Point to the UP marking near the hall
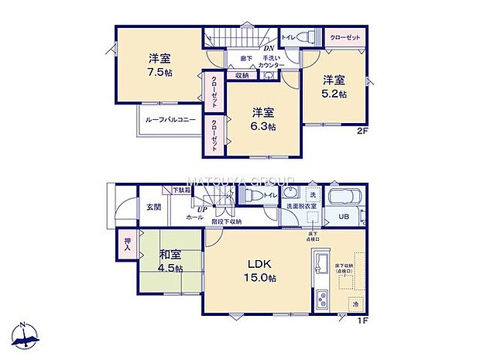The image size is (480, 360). coord(201,210)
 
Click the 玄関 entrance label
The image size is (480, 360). coord(153,207)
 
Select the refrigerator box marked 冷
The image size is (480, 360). coord(355,304)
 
